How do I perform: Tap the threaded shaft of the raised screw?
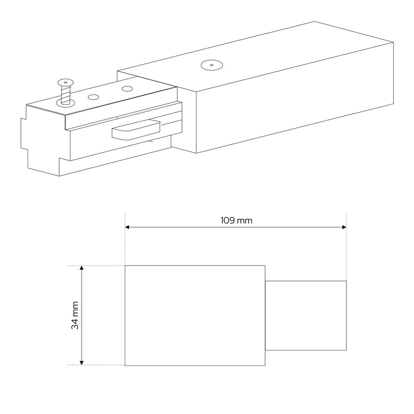click(65, 93)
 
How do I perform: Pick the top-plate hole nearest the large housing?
click(127, 89)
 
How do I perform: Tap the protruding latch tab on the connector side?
click(136, 130)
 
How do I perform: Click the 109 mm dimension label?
click(236, 220)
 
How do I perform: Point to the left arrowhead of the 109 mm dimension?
click(128, 227)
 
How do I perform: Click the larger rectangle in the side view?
click(195, 315)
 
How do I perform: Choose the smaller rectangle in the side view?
click(306, 315)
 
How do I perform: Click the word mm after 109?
click(245, 220)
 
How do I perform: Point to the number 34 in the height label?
click(75, 324)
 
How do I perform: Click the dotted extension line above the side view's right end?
click(346, 248)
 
